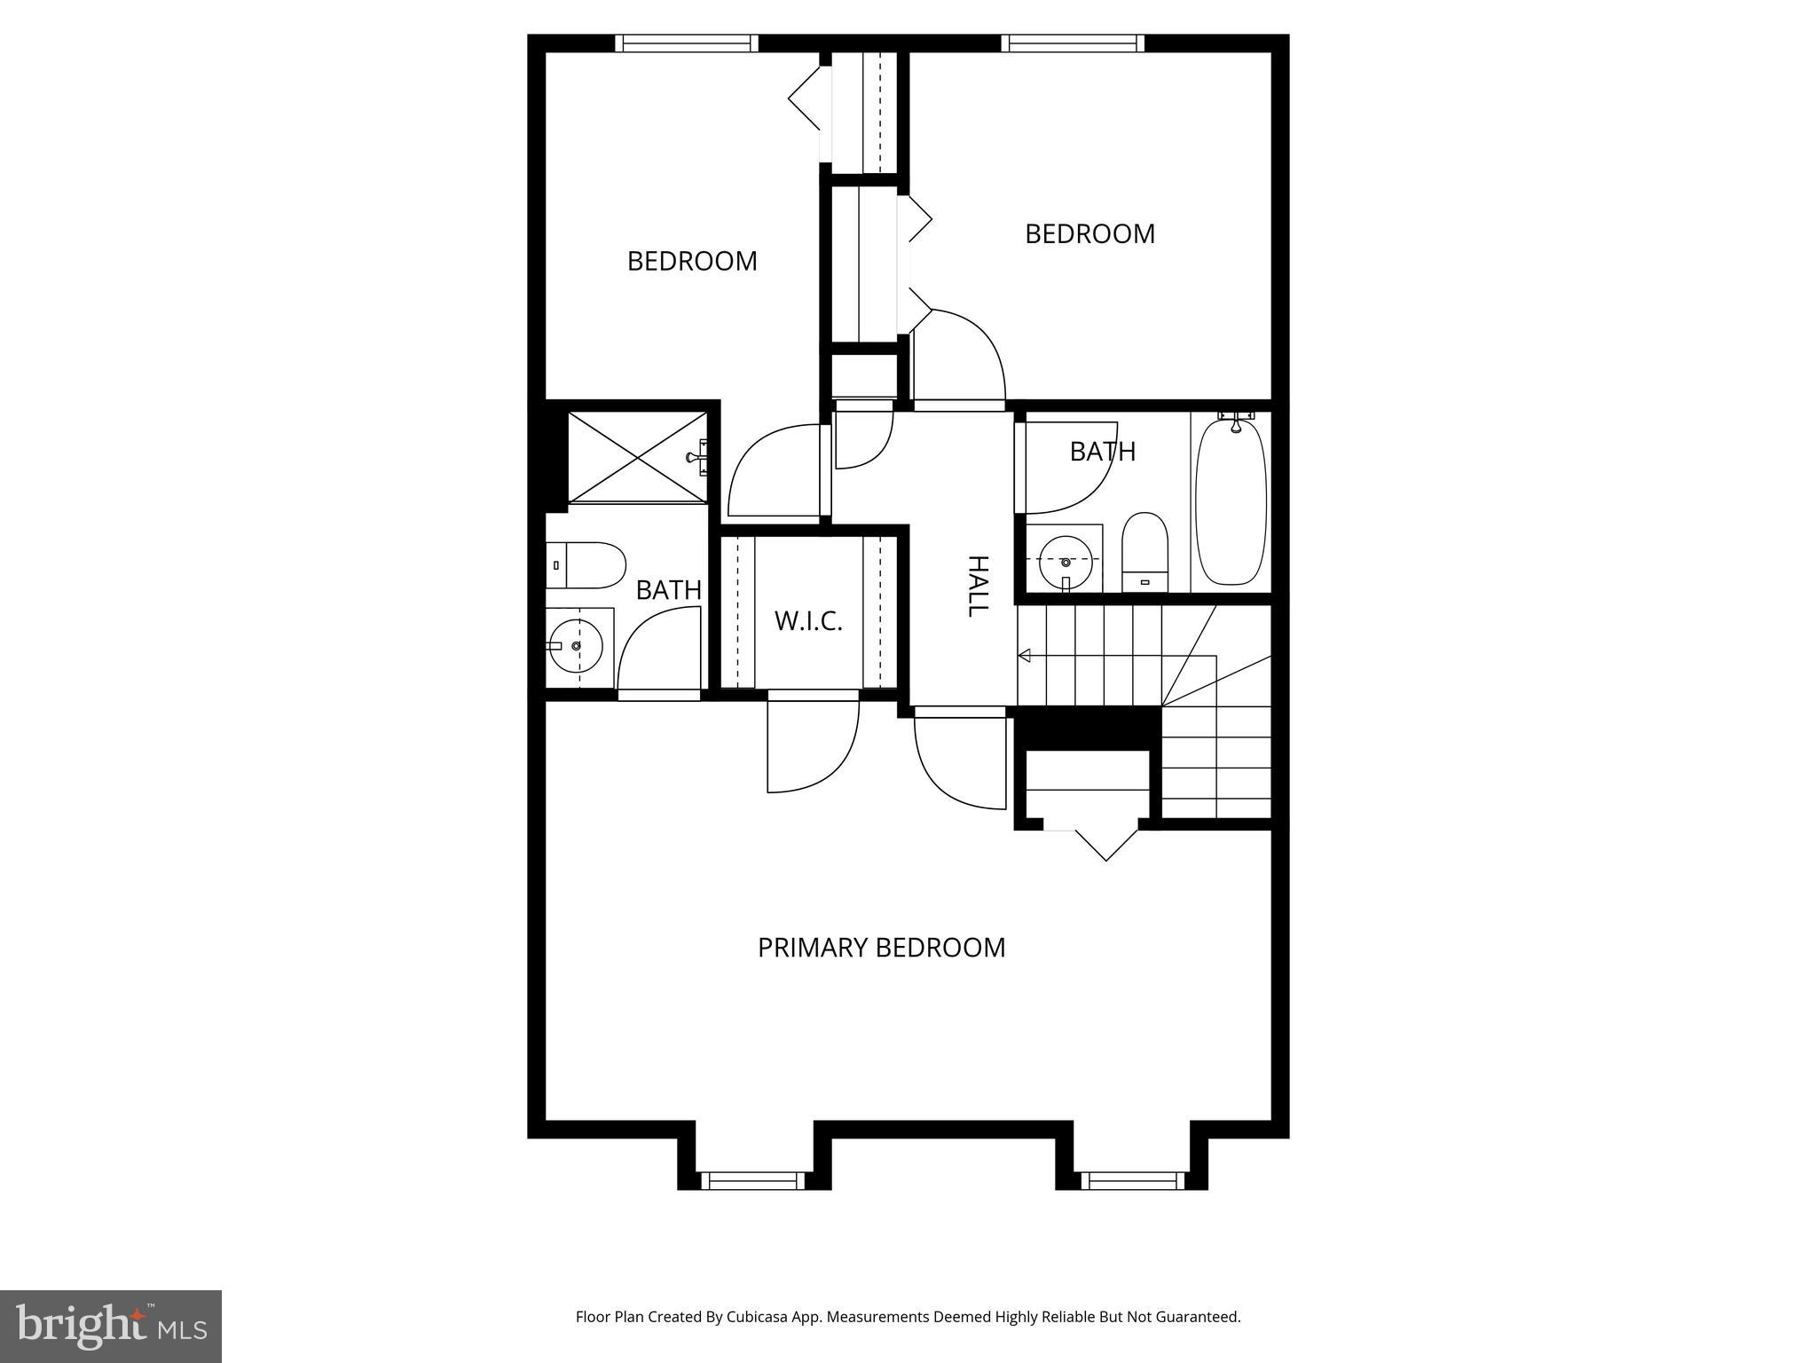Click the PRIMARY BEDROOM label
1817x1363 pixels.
(881, 948)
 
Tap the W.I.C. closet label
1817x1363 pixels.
(807, 621)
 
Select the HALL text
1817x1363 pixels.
(977, 586)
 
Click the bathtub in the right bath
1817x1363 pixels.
(1230, 502)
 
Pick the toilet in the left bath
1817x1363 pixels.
(586, 565)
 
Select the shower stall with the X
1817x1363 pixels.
(637, 456)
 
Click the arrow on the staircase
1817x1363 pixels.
(1026, 656)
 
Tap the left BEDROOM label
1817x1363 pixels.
(692, 261)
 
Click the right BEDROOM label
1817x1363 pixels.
(1089, 234)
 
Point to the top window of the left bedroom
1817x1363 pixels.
(687, 43)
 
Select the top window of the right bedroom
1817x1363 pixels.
(1073, 43)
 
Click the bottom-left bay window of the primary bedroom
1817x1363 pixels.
(753, 1180)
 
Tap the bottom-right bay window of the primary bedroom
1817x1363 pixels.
(1132, 1180)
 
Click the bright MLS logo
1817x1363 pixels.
(111, 1326)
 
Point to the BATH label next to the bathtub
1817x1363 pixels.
(1102, 452)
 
